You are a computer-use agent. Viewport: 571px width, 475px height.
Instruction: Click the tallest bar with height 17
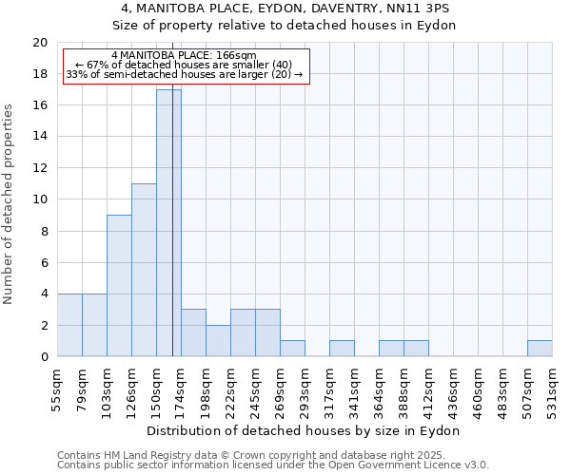pyautogui.click(x=168, y=223)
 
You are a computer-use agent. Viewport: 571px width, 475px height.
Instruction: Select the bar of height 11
pyautogui.click(x=144, y=270)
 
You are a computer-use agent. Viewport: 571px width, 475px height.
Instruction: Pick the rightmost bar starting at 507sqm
pyautogui.click(x=540, y=349)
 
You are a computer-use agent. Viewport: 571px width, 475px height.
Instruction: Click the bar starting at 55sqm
pyautogui.click(x=69, y=325)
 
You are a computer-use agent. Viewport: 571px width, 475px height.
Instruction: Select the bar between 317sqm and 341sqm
pyautogui.click(x=342, y=349)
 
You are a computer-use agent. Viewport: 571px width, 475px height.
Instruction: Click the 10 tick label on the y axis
pyautogui.click(x=39, y=199)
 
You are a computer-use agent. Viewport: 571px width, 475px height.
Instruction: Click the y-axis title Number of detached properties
pyautogui.click(x=9, y=204)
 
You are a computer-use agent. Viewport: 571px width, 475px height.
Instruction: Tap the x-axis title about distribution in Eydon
pyautogui.click(x=305, y=430)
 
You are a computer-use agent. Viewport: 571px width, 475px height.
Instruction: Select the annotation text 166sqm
pyautogui.click(x=236, y=56)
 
